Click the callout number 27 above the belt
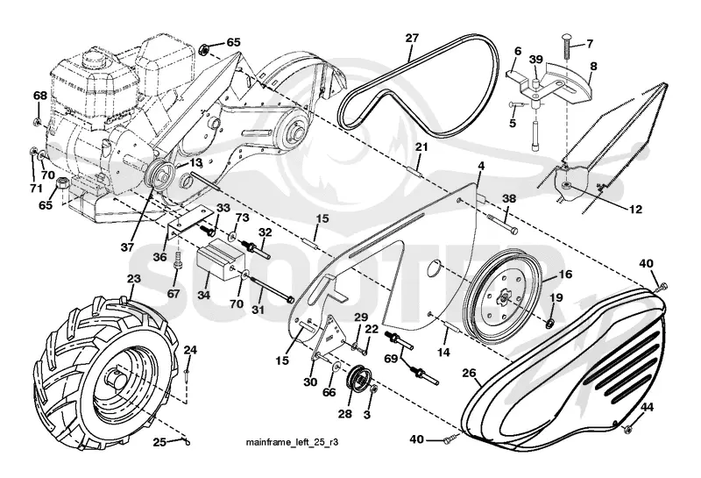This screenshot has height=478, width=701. click(x=412, y=38)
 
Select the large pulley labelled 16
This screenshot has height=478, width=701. click(x=503, y=298)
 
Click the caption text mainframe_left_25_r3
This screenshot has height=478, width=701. click(x=292, y=443)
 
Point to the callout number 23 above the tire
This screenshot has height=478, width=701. click(x=134, y=279)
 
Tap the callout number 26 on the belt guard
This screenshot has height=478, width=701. click(x=470, y=373)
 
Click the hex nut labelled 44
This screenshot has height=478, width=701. click(x=628, y=429)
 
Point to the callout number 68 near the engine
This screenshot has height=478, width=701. click(x=39, y=96)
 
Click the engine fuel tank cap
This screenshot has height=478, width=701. click(x=93, y=58)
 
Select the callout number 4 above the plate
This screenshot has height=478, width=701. click(x=480, y=166)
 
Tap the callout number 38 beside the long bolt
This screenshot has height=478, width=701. click(x=509, y=198)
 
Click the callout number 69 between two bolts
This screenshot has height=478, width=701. click(x=391, y=359)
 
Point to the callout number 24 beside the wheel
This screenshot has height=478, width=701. click(x=189, y=350)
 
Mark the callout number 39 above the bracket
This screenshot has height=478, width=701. click(x=536, y=60)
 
